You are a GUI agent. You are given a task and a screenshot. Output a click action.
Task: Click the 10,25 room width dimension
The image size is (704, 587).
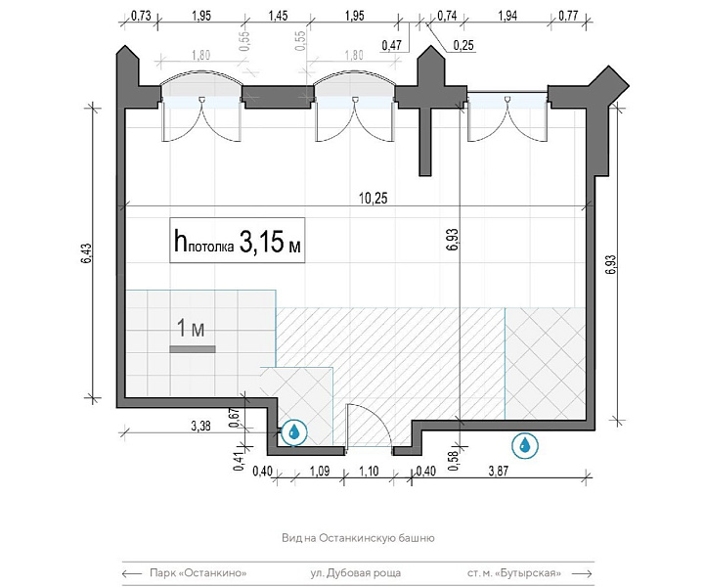[374, 198]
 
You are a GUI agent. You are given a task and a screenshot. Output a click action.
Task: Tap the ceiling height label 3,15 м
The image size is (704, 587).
[270, 242]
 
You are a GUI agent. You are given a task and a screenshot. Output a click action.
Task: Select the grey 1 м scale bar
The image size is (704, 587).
[193, 349]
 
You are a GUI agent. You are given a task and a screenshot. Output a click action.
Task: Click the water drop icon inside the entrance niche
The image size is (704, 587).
[294, 432]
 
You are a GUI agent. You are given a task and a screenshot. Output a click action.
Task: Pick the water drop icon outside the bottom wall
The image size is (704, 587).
[524, 446]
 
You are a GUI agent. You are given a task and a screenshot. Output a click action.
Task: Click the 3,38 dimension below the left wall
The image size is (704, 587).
[200, 426]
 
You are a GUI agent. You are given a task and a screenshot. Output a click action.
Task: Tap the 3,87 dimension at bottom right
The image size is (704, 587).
[499, 471]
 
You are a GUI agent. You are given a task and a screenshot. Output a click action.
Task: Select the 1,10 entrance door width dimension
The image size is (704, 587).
[369, 472]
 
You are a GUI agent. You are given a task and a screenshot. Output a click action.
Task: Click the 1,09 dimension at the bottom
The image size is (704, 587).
[320, 472]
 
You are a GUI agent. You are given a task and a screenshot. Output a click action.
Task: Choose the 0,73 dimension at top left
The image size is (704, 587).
[141, 16]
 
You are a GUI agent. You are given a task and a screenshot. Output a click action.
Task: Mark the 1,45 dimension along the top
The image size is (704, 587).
[279, 16]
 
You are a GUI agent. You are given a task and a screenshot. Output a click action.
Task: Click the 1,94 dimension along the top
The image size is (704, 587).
[507, 16]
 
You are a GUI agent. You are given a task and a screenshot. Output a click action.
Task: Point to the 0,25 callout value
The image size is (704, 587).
[463, 45]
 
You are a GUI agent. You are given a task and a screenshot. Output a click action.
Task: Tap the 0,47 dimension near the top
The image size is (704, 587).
[391, 45]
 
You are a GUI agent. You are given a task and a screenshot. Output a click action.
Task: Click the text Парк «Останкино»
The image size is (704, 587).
[198, 573]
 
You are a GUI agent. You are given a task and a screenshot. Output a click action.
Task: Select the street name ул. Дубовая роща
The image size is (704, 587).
[356, 573]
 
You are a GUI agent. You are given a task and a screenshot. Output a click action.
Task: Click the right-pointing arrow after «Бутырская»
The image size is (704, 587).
[583, 573]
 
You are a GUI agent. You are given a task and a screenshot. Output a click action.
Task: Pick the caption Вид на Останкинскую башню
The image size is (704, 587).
[358, 538]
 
